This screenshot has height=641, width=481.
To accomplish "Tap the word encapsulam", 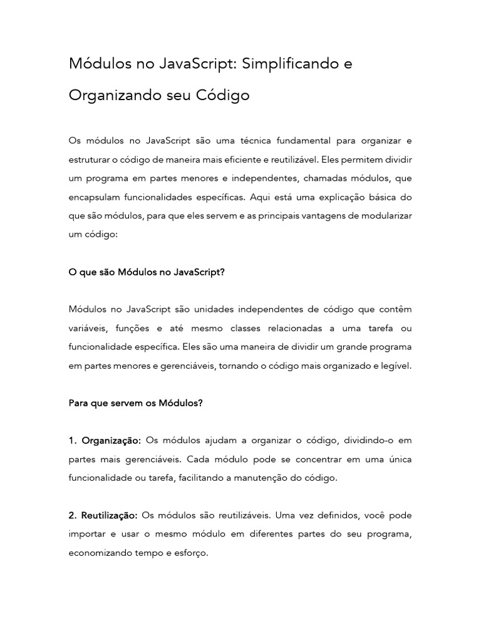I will [95, 197].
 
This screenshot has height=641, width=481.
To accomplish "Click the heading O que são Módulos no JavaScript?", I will [145, 272].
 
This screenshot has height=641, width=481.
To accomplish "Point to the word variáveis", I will [89, 328].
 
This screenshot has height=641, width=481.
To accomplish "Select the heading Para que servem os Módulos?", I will [135, 403].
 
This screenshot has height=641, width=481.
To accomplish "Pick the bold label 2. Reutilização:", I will [103, 515].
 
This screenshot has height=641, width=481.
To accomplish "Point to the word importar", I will [88, 534].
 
